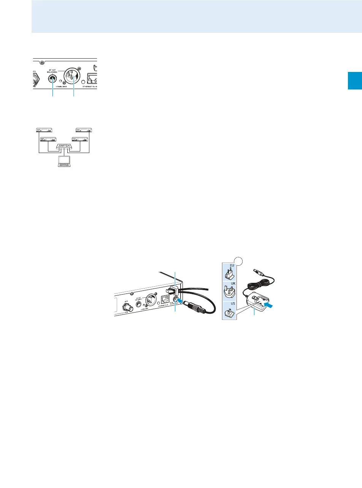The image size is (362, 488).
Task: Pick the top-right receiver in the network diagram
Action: pos(84,130)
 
